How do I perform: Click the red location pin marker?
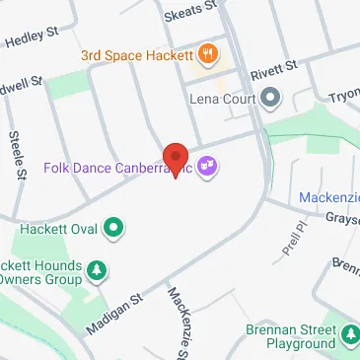[x=176, y=159]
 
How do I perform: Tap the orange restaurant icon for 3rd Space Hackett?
[x=208, y=52]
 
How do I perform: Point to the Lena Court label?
[x=222, y=99]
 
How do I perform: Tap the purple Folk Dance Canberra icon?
[x=208, y=167]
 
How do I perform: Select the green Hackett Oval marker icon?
[x=114, y=229]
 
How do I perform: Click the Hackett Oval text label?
[x=57, y=229]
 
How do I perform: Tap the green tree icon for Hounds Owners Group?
[x=97, y=269]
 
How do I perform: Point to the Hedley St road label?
[x=33, y=37]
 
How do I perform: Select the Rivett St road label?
[x=273, y=72]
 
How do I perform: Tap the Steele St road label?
[x=16, y=156]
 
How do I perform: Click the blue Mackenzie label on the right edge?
[x=330, y=199]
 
